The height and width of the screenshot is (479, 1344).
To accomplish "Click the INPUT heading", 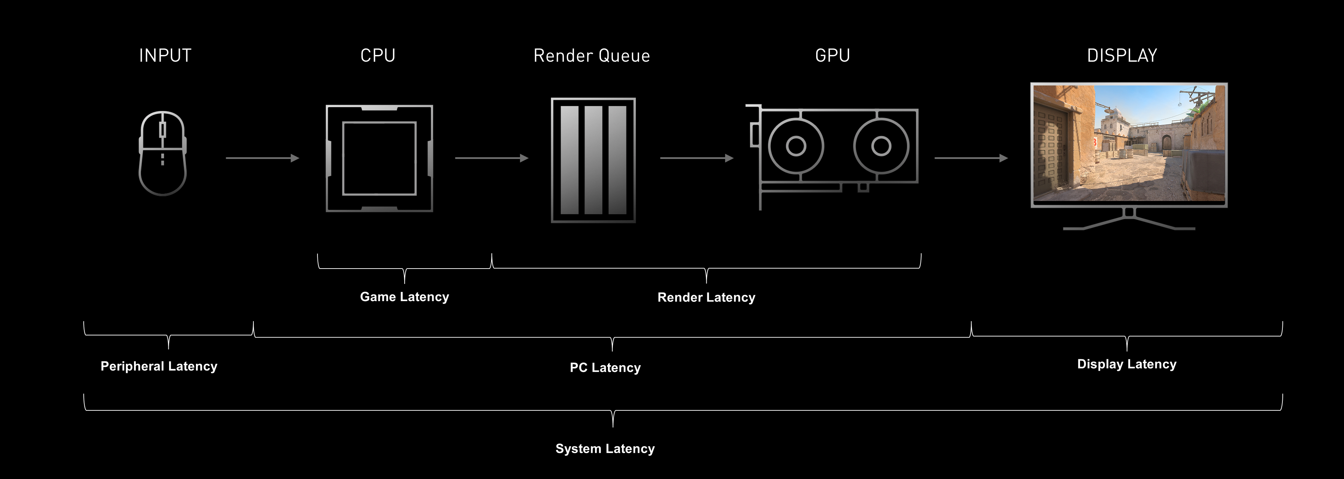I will [x=165, y=55].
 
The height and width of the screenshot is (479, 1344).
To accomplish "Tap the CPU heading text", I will [x=378, y=55].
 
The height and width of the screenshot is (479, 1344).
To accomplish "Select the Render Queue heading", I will [x=591, y=55].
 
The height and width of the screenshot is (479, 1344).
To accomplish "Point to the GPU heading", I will [x=833, y=55].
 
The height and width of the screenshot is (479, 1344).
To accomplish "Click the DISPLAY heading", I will [x=1122, y=55].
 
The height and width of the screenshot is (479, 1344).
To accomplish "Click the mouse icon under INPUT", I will [x=162, y=153].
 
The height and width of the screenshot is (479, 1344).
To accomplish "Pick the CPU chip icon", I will [x=379, y=158].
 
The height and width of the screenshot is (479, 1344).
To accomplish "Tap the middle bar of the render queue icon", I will [x=593, y=160].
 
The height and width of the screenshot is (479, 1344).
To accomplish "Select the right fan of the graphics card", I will [x=881, y=146].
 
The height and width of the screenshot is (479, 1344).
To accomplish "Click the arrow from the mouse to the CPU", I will [x=262, y=158].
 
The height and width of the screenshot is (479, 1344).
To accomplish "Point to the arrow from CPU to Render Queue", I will [x=491, y=158].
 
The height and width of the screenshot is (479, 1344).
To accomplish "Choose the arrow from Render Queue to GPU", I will [x=696, y=158].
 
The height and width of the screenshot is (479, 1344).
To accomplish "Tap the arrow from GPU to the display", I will [x=971, y=158].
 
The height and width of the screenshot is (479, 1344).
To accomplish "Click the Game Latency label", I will [x=404, y=297].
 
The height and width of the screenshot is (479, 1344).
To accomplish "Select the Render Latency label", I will [x=706, y=297].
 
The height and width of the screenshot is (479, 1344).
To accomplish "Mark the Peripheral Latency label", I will [x=159, y=366].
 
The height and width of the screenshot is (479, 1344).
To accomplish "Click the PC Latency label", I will [x=605, y=368].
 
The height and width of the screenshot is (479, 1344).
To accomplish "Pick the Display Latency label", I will [x=1126, y=364].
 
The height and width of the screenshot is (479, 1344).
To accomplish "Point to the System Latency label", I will [x=605, y=449].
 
